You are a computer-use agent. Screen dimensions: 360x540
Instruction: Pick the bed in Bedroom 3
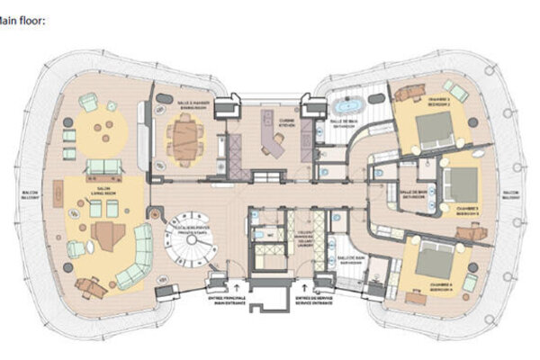[x=463, y=185]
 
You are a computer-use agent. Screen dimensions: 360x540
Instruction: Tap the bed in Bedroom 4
[x=436, y=259]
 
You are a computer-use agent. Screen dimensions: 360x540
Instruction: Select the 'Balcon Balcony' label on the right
[x=510, y=195]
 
